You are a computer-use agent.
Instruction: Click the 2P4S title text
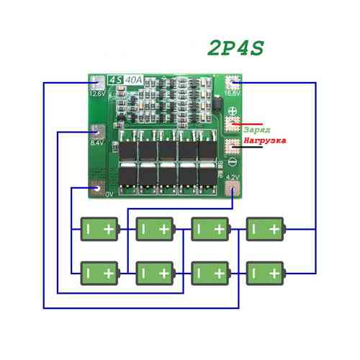coord(235,48)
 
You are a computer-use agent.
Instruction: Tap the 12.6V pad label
coord(97,93)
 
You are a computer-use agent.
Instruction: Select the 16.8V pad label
coord(233,93)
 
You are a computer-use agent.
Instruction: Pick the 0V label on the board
coord(109,194)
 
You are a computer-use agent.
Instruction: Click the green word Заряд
coord(258,129)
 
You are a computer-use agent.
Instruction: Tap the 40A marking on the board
coord(133,80)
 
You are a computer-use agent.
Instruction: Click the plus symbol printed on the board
coord(233,112)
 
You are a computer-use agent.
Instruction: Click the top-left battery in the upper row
coord(99,229)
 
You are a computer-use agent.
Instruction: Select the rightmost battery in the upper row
coord(265,229)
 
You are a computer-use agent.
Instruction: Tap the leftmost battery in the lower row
coord(99,273)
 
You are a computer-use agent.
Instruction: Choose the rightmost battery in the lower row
coord(265,273)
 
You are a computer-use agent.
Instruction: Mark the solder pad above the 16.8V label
coord(233,81)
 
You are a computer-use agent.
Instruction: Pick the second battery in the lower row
coord(155,273)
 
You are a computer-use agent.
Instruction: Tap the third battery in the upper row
coord(210,229)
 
